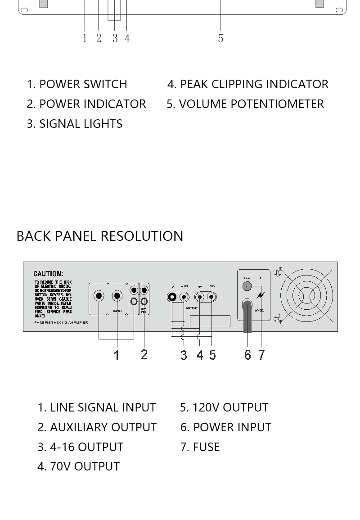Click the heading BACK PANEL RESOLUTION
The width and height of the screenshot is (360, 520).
coord(99,236)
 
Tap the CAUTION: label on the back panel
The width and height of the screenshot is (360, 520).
coord(48,274)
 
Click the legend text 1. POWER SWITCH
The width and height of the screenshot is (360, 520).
coord(77,84)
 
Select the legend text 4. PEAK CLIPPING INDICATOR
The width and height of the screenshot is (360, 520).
coord(248,84)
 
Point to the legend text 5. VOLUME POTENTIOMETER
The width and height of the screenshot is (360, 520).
coord(245,104)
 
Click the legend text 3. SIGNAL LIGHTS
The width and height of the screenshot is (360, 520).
coord(75,124)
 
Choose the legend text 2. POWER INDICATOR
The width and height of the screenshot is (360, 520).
coord(86,104)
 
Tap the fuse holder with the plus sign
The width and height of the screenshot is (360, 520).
coord(247,286)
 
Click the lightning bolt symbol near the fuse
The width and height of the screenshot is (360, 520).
coord(261,296)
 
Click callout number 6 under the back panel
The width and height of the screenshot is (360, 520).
coord(247,355)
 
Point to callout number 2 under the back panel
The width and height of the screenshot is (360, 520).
coord(144,354)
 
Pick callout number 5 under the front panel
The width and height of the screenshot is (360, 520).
coord(220,38)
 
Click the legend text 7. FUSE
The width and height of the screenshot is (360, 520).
coord(200,447)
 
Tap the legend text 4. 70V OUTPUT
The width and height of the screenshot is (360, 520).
coord(78,466)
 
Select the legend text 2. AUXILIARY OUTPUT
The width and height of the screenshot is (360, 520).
coord(97,427)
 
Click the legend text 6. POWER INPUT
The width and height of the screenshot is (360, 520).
coord(226,427)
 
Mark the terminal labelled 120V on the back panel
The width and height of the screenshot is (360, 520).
coord(211,297)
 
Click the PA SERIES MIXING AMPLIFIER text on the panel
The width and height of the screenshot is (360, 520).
coord(61,323)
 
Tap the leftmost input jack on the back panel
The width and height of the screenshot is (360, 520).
coord(99,296)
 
